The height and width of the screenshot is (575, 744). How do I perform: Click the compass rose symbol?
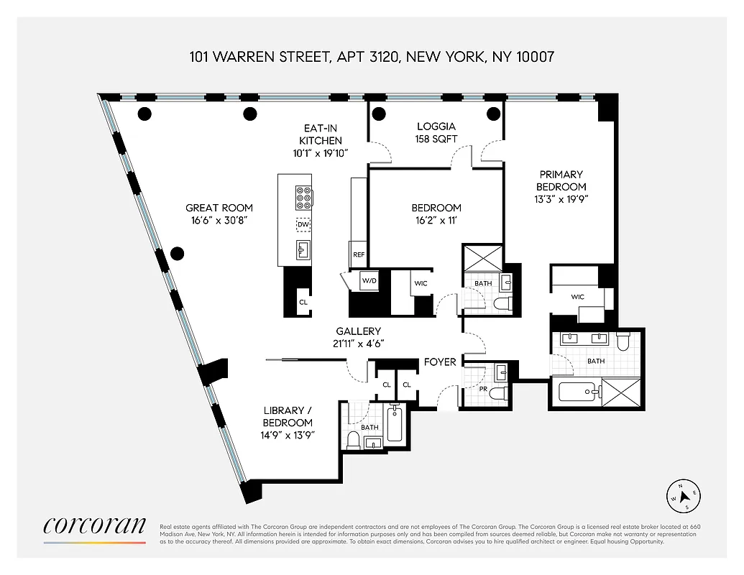(x=685, y=496)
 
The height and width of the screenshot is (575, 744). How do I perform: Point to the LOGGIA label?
(x=436, y=126)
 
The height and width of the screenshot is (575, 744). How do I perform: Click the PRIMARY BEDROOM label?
(x=561, y=180)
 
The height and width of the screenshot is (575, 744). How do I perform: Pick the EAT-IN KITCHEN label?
(x=321, y=134)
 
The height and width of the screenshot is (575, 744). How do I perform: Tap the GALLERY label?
(x=358, y=331)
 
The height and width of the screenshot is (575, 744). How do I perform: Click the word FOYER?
(x=440, y=362)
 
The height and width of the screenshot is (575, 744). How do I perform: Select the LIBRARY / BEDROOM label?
(x=288, y=417)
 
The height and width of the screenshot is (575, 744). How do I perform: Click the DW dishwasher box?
(x=303, y=225)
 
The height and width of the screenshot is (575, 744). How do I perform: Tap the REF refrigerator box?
(x=358, y=254)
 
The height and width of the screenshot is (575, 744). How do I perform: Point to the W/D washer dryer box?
(x=369, y=281)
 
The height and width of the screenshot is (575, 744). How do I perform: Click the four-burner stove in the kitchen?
(x=303, y=197)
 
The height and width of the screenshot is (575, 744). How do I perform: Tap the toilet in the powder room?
(x=502, y=392)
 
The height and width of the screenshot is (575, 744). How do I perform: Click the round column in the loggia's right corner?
(x=492, y=113)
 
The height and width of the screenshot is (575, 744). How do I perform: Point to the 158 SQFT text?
(x=436, y=138)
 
